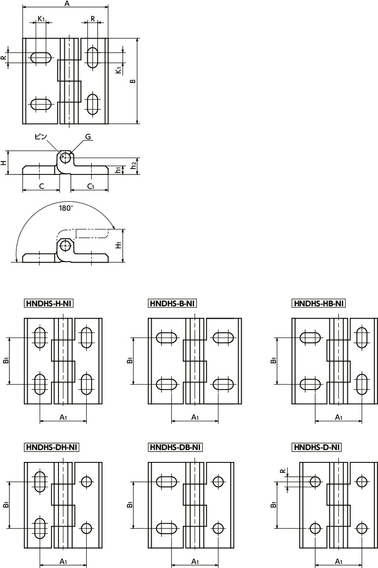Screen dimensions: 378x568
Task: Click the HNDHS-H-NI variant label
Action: point(49,303)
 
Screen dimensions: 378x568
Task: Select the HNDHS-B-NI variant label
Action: point(173,303)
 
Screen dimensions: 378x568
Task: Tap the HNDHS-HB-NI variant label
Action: point(319,303)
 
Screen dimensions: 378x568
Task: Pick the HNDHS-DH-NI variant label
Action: point(52,448)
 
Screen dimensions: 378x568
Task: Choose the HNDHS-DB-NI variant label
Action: point(175,448)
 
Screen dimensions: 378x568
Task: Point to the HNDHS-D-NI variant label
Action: point(317,448)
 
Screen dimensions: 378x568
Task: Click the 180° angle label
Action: point(65,208)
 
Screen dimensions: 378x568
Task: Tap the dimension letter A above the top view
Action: point(66,3)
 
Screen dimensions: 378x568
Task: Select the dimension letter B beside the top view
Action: point(133,81)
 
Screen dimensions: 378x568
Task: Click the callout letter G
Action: point(88,137)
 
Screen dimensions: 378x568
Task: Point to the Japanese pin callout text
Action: point(40,137)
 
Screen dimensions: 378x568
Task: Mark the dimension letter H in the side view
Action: point(3,163)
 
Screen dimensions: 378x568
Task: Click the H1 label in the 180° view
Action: point(118,245)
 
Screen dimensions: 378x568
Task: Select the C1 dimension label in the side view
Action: point(91,186)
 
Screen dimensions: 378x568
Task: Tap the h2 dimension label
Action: point(134,165)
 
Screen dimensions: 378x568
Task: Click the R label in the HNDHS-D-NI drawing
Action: point(283,471)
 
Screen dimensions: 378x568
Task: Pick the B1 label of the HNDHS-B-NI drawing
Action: point(130,360)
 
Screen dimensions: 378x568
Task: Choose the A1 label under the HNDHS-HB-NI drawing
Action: point(338,417)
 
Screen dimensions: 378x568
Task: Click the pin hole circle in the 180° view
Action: point(65,246)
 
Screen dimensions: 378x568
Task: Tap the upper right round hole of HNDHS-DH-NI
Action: point(87,482)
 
